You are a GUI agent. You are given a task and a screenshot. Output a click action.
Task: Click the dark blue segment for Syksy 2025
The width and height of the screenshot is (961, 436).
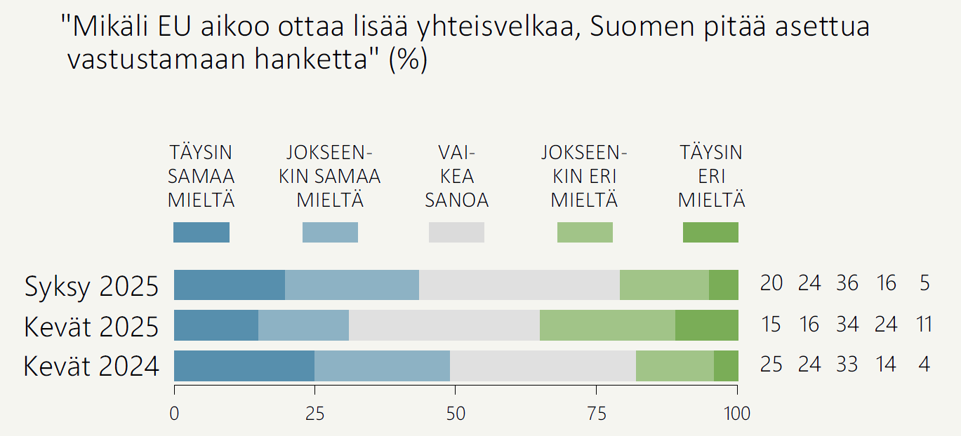click(230, 285)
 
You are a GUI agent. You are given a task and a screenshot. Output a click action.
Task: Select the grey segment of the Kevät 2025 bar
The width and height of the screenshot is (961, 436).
click(444, 325)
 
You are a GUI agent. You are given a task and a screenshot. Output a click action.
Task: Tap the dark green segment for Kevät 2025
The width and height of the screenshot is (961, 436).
click(707, 325)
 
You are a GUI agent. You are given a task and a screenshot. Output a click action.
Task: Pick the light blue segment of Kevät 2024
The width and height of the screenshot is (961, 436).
click(382, 366)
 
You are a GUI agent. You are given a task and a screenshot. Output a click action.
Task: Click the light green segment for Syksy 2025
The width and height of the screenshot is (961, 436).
click(664, 285)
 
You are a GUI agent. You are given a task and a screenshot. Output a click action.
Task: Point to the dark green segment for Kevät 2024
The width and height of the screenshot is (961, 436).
click(726, 366)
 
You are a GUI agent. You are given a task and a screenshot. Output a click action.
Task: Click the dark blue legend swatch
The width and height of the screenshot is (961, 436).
click(201, 232)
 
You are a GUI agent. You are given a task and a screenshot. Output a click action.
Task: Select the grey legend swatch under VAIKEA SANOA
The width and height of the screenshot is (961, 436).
click(456, 232)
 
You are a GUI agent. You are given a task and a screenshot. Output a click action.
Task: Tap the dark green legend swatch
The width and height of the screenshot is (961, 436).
click(710, 232)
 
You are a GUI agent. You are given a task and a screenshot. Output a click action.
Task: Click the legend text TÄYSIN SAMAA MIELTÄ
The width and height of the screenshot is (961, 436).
click(201, 176)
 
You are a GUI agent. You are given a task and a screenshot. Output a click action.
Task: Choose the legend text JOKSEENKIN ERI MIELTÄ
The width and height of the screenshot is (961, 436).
click(584, 176)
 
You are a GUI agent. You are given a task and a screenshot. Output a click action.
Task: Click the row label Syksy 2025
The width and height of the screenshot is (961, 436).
click(91, 286)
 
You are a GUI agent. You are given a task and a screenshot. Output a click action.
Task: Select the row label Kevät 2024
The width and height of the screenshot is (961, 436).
click(91, 367)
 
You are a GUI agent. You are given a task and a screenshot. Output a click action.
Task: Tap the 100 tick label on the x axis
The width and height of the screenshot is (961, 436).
click(737, 414)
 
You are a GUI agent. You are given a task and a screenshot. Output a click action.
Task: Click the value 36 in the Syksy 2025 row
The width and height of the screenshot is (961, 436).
click(847, 283)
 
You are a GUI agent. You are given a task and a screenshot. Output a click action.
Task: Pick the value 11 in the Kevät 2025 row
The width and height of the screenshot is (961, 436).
click(924, 325)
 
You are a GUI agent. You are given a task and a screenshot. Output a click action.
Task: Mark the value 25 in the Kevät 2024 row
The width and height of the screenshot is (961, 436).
click(771, 365)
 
